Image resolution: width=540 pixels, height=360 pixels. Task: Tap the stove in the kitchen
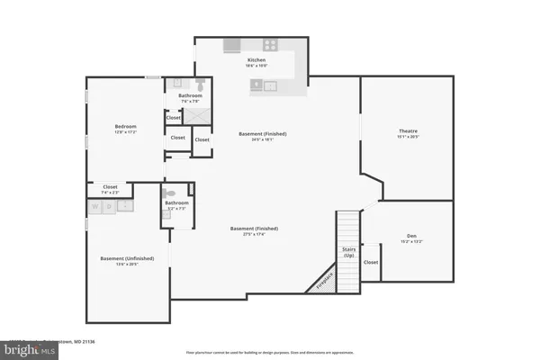click(x=269, y=44)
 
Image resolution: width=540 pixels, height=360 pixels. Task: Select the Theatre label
click(x=408, y=131)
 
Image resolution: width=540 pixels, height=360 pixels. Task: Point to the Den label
click(x=411, y=236)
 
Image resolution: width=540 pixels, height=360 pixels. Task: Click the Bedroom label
click(x=124, y=126)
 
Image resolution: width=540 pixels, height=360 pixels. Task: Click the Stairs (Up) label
click(x=347, y=252)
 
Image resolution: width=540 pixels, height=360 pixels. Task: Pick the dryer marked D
click(x=110, y=206)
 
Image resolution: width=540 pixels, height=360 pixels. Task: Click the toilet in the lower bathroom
click(x=167, y=193)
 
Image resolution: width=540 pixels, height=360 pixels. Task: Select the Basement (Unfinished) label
click(x=126, y=258)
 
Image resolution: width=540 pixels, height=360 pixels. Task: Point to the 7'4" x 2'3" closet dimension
click(x=110, y=193)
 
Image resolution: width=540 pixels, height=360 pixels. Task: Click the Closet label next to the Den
click(x=371, y=262)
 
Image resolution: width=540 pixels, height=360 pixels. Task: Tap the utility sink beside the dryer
click(x=126, y=206)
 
